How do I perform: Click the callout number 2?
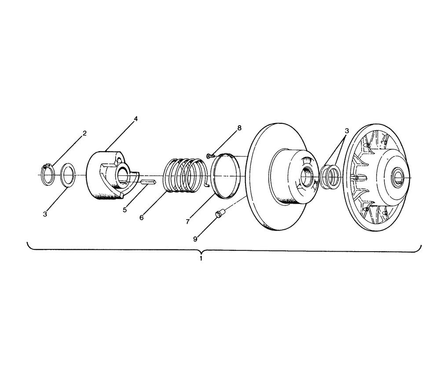(84, 133)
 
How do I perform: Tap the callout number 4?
(136, 119)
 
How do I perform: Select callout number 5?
(125, 210)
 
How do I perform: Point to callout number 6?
(142, 218)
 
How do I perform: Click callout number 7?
(188, 222)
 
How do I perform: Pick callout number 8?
(239, 128)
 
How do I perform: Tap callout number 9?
(195, 239)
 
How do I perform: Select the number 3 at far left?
(45, 214)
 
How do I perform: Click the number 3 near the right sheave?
(347, 131)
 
